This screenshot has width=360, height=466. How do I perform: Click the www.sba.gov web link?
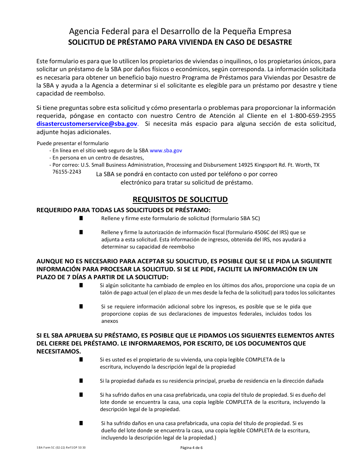pos(166,150)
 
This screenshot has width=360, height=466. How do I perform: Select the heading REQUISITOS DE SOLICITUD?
pos(180,200)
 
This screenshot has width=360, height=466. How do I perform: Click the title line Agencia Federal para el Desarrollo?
pos(180,31)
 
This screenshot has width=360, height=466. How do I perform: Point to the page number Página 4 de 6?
pos(192,447)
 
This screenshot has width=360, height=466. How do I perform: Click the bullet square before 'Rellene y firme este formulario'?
pos(81,218)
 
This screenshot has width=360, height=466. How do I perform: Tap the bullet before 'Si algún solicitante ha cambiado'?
pos(81,285)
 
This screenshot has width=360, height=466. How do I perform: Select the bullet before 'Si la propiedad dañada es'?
pos(81,380)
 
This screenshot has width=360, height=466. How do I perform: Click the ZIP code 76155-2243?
pos(67,172)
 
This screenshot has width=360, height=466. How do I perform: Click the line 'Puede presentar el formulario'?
pos(73,143)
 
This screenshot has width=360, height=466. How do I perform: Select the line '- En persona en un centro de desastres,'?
pos(97,158)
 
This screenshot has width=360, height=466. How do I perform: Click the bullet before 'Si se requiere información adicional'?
pos(81,306)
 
